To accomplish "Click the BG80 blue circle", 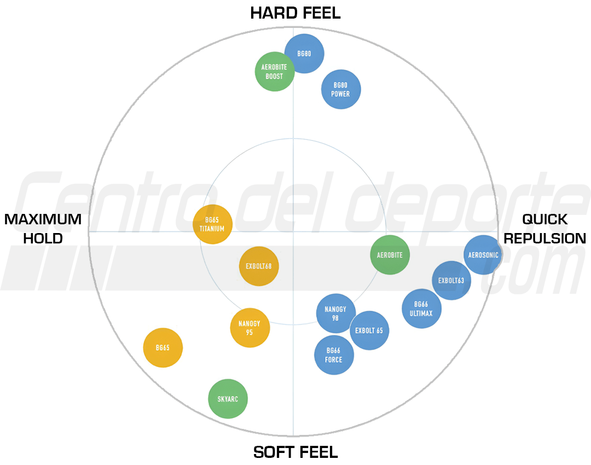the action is click(304, 54).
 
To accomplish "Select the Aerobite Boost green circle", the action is click(275, 72).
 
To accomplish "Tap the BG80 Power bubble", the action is click(341, 89).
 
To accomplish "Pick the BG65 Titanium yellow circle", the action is click(212, 224).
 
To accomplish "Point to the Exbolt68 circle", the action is click(259, 266).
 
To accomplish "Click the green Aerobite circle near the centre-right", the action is click(390, 255).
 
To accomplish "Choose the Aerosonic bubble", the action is click(483, 255).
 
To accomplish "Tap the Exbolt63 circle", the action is click(451, 280).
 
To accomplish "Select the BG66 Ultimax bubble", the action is click(421, 309).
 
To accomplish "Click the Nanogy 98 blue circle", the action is click(335, 313).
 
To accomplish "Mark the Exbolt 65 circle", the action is click(369, 330).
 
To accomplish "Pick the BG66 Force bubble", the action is click(334, 355).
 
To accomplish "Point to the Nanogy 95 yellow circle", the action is click(250, 328).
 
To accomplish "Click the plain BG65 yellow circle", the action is click(163, 347).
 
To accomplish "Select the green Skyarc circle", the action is click(228, 399).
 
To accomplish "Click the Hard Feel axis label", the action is click(296, 13).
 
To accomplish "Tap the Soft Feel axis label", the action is click(296, 452).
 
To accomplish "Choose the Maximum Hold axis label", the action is click(43, 229).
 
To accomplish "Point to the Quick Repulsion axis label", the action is click(544, 229).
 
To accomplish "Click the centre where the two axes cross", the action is click(293, 232).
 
